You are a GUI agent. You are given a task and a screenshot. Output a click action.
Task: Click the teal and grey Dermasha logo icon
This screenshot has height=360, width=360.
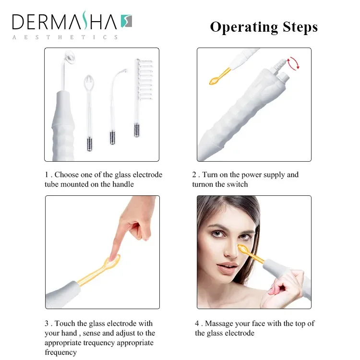pos(127,21)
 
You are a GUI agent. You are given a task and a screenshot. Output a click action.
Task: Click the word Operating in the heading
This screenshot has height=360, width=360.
pos(244,27)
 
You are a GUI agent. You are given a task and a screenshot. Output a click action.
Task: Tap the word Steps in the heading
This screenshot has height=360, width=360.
pos(300,27)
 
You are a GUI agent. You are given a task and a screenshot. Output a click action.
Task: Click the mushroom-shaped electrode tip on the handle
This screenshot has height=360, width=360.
pos(70,57)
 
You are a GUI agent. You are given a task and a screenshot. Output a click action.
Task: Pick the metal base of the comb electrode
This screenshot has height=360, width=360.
pos(137,130)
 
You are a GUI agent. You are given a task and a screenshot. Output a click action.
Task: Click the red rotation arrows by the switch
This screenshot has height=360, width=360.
pos(293,63)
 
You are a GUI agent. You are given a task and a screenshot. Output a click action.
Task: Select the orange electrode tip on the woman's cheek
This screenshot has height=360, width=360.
pos(243,249)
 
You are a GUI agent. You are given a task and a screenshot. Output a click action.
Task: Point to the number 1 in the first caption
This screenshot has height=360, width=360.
pos(47,175)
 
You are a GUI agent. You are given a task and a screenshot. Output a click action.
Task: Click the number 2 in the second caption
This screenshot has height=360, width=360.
pos(194,175)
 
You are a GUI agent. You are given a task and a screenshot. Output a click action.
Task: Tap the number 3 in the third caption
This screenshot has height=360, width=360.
pos(47,324)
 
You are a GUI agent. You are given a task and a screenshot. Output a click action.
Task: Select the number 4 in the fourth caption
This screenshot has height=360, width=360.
pos(197,324)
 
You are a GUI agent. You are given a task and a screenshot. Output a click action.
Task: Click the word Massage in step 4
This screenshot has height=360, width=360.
pos(218,324)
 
